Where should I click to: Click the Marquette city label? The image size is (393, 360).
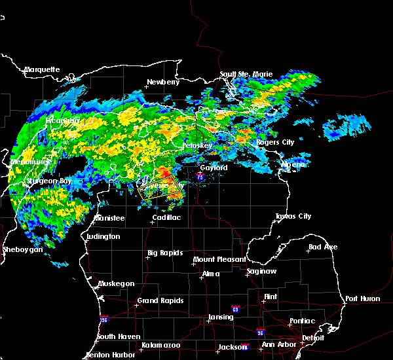pos(42,69)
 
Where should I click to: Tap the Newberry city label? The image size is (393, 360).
pos(163,82)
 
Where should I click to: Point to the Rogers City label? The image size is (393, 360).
pos(275,142)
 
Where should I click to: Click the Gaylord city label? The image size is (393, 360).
pos(214,168)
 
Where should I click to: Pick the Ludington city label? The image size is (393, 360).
pos(103,236)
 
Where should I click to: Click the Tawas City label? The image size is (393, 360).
pos(293,216)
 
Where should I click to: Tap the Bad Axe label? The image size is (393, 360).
pos(322,247)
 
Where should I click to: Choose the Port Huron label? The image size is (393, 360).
pos(362,298)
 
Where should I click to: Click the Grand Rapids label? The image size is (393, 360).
pos(160,301)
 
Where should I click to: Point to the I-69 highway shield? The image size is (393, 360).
pos(234,308)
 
